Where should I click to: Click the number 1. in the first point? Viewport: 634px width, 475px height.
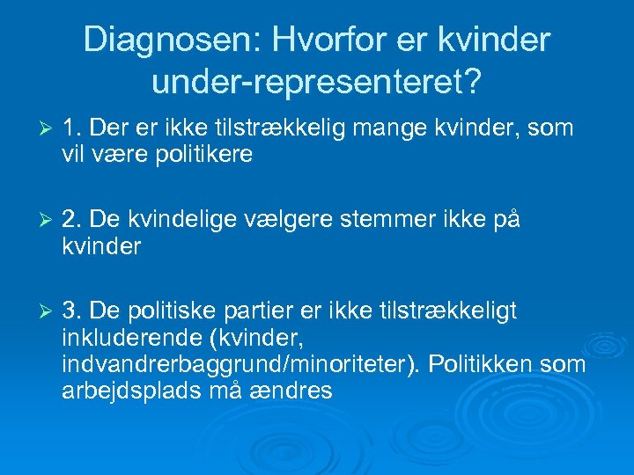point(73,128)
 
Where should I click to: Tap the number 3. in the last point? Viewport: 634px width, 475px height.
point(73,310)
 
